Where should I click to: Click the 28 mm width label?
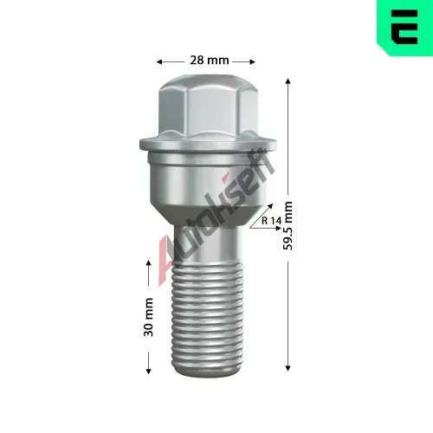(x=210, y=61)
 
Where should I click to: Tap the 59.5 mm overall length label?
(x=288, y=226)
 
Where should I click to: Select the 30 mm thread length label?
(x=148, y=317)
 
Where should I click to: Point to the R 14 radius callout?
(x=271, y=221)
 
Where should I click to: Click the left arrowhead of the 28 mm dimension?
(x=159, y=61)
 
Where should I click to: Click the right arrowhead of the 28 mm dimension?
(x=253, y=61)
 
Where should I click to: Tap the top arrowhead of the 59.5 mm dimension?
(x=288, y=81)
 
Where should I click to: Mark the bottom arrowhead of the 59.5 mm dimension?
(x=288, y=368)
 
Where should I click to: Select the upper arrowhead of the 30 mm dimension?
(x=148, y=263)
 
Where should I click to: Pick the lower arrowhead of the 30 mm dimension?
(x=148, y=372)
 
